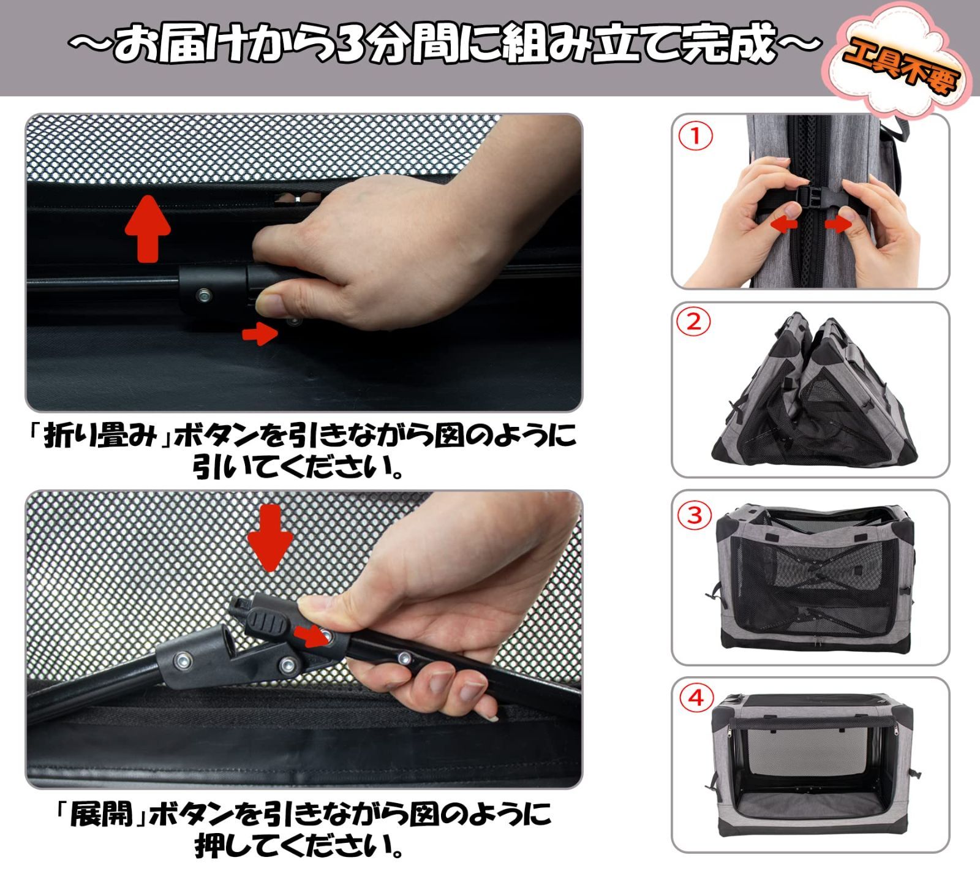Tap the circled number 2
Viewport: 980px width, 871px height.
coord(694,322)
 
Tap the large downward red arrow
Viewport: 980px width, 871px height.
coord(270,537)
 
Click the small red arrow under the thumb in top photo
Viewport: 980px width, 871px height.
coord(260,334)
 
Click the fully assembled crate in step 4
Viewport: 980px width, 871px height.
coord(812,766)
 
